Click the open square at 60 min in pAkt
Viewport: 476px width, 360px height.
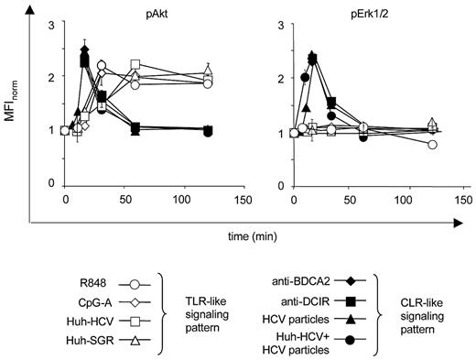click(135, 65)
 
